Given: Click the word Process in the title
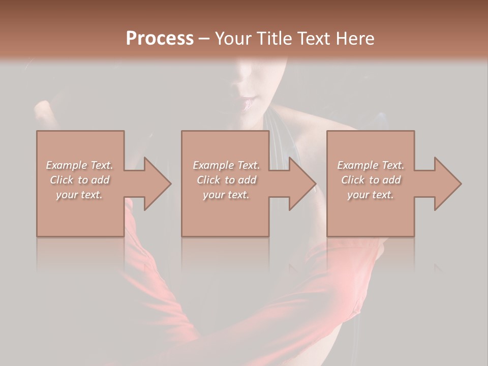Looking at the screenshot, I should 160,39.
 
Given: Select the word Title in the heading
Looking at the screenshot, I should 273,39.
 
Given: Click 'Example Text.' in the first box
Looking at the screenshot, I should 79,165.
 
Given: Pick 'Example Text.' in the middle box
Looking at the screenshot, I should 226,165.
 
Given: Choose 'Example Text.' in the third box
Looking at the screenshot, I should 371,165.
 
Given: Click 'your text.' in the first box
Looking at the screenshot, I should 79,195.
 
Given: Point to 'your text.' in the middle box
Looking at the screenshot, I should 226,195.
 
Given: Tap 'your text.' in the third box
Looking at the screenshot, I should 371,195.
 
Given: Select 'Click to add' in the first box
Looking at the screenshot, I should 79,180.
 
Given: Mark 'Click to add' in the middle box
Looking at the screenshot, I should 226,180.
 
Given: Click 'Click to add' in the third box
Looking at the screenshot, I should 371,180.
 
